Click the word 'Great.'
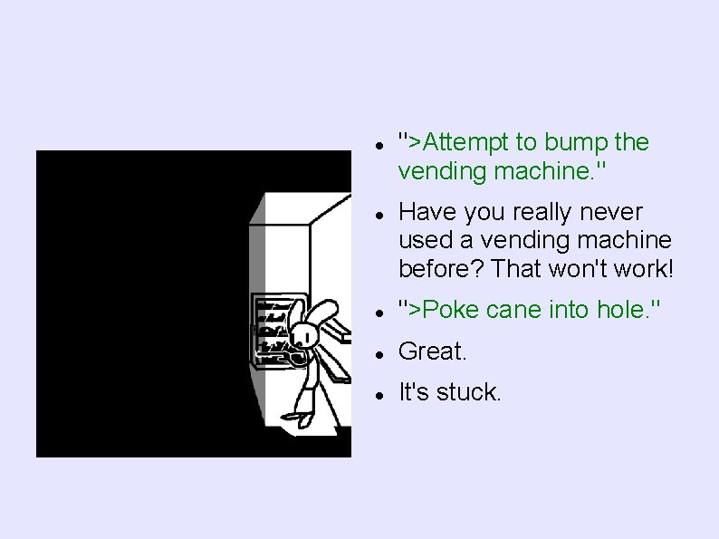(x=433, y=351)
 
